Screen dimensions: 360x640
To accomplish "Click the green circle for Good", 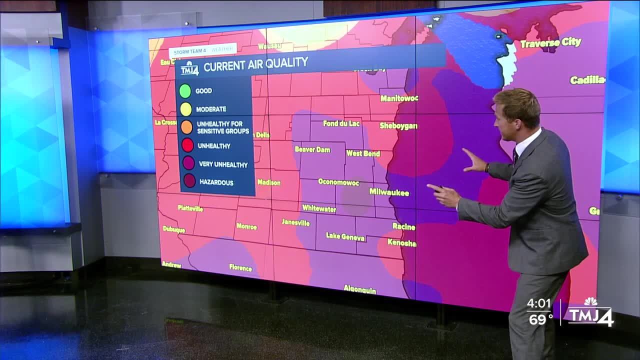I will [185, 90].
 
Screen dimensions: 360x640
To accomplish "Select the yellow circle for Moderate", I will [185, 109].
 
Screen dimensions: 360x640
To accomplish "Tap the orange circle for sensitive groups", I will [186, 127].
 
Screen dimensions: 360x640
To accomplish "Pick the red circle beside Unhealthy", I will [187, 145].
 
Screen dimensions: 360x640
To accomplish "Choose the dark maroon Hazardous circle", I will [189, 182].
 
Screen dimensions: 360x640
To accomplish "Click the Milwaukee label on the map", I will [389, 192].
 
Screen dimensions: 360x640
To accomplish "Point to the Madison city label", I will [269, 182].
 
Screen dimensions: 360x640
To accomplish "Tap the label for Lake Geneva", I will [345, 237].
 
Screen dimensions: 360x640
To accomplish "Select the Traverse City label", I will [550, 43].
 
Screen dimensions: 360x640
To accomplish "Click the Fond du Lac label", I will [341, 123].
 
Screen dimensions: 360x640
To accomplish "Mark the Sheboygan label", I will [398, 125].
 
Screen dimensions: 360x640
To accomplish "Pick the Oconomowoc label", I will [338, 182].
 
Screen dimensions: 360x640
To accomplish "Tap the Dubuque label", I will [174, 229].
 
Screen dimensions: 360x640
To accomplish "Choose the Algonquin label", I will [360, 289].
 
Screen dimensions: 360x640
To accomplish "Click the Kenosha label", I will [401, 243].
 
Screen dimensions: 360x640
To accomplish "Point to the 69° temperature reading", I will [540, 319].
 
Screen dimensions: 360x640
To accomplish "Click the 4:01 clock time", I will [538, 304].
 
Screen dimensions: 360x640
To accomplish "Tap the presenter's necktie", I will [515, 155].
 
